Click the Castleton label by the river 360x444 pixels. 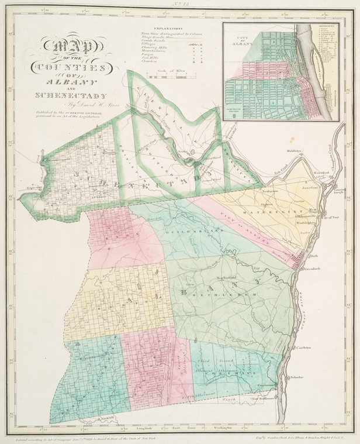tap(308, 347)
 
